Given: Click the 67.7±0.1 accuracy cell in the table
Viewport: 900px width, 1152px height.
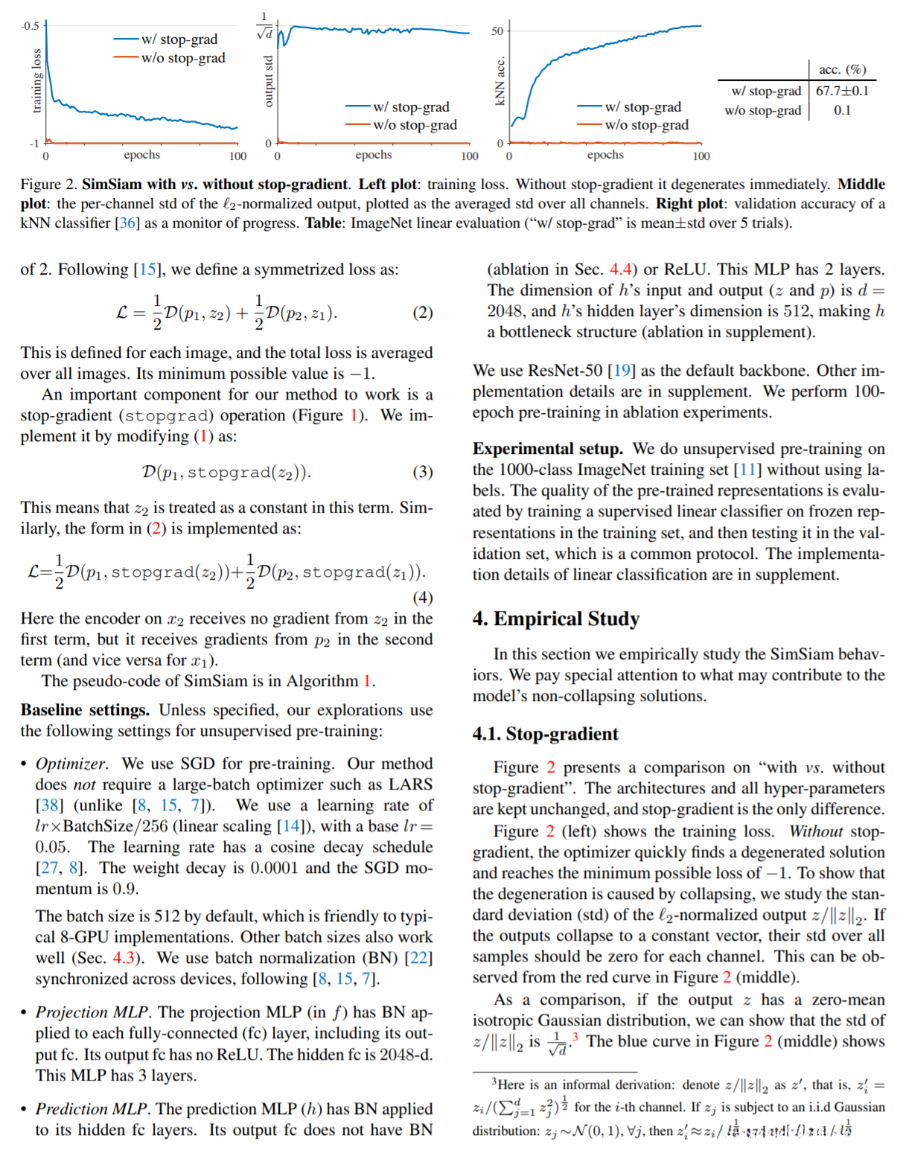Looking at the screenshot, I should [x=842, y=91].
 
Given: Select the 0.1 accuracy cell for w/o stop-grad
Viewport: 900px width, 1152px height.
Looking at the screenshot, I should [x=842, y=110].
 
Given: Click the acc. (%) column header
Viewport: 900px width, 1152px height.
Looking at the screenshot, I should [x=842, y=69].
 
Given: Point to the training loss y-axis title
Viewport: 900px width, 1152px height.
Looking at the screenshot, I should [x=36, y=81].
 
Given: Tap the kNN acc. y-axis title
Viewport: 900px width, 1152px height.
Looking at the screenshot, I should [x=500, y=81].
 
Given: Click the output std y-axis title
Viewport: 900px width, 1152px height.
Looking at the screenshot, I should [x=269, y=81].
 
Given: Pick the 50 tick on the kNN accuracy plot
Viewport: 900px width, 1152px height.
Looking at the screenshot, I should [x=497, y=31].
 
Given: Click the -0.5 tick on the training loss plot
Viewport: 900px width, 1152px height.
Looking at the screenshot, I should [x=30, y=26].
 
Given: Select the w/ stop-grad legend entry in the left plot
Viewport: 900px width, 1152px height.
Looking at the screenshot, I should [x=179, y=39].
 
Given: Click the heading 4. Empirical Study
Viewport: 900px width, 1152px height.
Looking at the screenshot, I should [x=555, y=619].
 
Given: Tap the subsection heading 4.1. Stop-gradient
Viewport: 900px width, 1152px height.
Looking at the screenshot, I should [x=545, y=734].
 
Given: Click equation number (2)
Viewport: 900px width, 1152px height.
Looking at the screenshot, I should [x=422, y=313].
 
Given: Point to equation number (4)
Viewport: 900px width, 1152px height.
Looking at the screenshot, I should [x=422, y=598].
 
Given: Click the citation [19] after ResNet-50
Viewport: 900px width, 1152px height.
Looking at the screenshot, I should [x=621, y=371].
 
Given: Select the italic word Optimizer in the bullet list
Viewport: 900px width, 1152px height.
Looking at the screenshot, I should [x=71, y=764].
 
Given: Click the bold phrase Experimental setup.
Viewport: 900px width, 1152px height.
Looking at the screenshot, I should [x=547, y=449].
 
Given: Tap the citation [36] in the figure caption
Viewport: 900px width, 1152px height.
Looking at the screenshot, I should [x=129, y=223].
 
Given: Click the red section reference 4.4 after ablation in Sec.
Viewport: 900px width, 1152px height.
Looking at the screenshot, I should [x=621, y=269].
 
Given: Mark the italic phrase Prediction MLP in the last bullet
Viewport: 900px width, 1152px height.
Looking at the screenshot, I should [x=92, y=1109].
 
